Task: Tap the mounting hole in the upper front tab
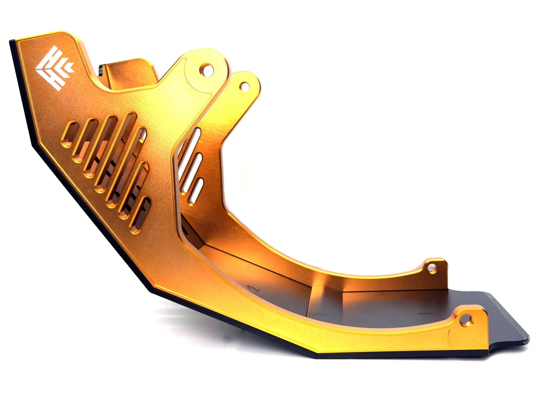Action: tap(207, 69)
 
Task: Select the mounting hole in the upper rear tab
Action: tap(244, 86)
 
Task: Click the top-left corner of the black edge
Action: tap(11, 41)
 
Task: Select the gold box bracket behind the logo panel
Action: tap(127, 73)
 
